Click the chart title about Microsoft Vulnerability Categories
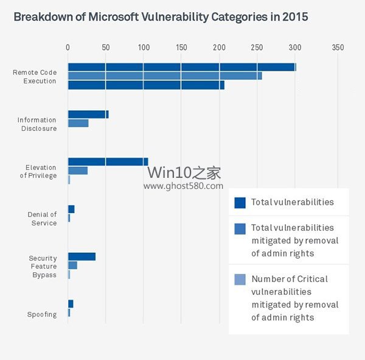click(x=161, y=17)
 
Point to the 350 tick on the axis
click(x=338, y=48)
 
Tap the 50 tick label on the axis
click(x=105, y=48)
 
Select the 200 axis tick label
click(x=219, y=48)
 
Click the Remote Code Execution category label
click(x=35, y=77)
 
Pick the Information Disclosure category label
click(x=36, y=124)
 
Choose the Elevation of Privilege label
click(x=41, y=172)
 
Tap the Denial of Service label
click(x=42, y=219)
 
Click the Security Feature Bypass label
click(x=43, y=266)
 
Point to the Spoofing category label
click(x=42, y=314)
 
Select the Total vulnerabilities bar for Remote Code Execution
click(x=181, y=67)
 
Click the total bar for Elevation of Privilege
click(x=108, y=161)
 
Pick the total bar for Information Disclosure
click(x=88, y=114)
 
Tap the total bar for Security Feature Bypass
click(x=82, y=256)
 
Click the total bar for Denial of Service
click(x=71, y=209)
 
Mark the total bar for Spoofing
click(x=71, y=303)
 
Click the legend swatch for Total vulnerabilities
click(x=240, y=202)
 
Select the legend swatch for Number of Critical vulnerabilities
click(x=240, y=280)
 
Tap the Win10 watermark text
click(x=184, y=173)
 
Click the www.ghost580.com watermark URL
click(x=184, y=186)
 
